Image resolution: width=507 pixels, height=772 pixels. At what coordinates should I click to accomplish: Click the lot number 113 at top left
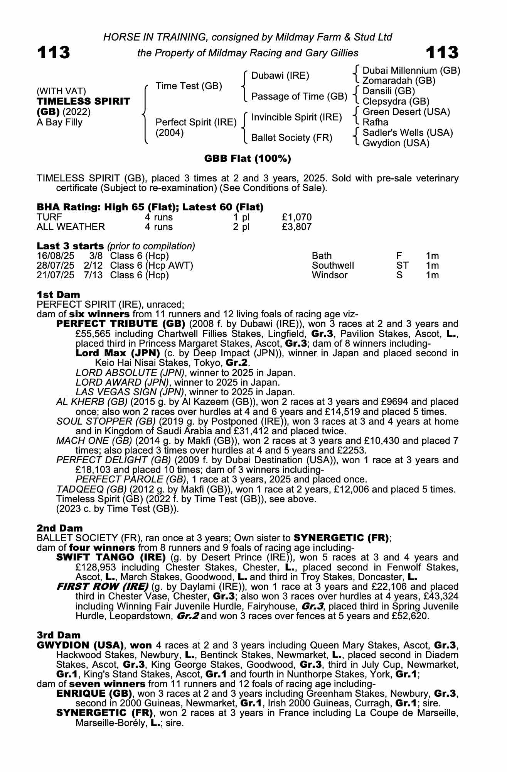coord(54,52)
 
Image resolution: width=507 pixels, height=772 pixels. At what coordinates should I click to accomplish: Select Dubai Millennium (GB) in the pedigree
coord(411,71)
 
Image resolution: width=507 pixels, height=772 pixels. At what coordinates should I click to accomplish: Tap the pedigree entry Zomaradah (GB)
coord(399,81)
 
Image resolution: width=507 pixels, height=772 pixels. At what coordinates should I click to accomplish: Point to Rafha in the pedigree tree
coord(376,122)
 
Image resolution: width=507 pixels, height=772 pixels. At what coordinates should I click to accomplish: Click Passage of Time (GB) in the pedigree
coord(299,96)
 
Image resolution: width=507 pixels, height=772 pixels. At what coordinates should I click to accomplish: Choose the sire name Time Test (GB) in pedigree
coord(189,86)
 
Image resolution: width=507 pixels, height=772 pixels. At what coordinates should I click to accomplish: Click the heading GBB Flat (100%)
coord(248,159)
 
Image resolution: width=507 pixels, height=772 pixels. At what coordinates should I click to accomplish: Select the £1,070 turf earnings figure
coord(296,217)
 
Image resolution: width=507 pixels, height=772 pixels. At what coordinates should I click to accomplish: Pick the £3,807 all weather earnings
coord(296,227)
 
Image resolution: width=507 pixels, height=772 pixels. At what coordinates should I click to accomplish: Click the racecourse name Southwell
coord(333,266)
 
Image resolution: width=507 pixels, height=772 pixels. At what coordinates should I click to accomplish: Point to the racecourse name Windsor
coord(330,275)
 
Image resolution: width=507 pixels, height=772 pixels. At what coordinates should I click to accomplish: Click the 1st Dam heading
coord(58,295)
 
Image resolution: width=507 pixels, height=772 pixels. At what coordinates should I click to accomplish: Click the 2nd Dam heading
coord(60,528)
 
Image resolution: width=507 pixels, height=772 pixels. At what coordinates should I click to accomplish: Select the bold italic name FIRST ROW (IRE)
coord(102,587)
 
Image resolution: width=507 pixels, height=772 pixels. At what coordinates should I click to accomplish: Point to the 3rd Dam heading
coord(59,635)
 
